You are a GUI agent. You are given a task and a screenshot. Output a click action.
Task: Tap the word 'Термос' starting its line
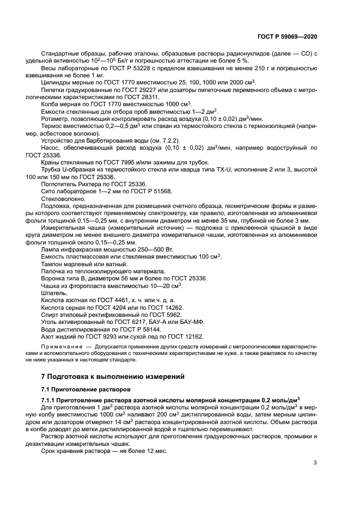(52, 125)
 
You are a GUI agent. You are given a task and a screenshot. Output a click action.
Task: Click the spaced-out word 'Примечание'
(61, 346)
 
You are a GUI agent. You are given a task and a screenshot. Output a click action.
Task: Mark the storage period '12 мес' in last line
(157, 451)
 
